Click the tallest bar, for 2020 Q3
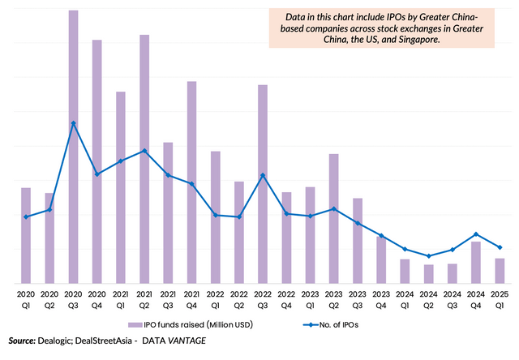coord(73,146)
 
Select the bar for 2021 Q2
coord(144,158)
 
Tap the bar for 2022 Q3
coord(263,183)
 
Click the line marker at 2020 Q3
coord(73,123)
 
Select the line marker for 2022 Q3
coord(263,175)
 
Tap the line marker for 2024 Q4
coord(476,234)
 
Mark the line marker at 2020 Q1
coord(26,216)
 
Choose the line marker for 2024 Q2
coord(428,255)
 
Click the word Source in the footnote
coord(22,341)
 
